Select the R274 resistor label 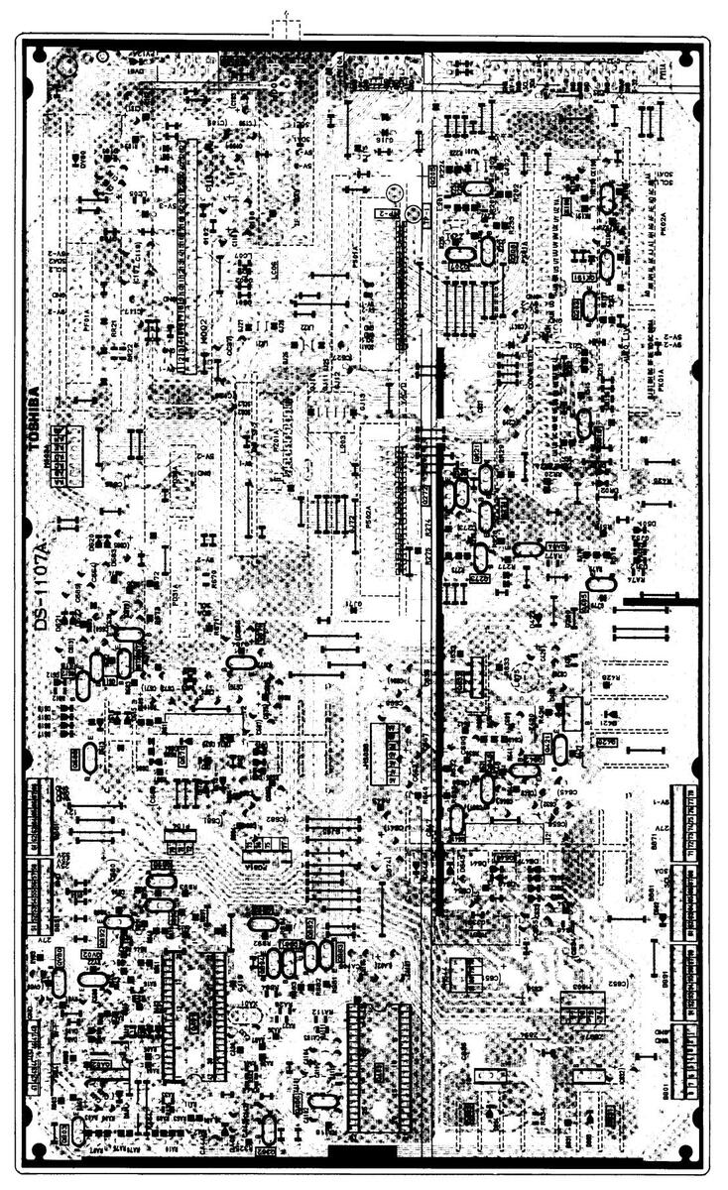pyautogui.click(x=428, y=530)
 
